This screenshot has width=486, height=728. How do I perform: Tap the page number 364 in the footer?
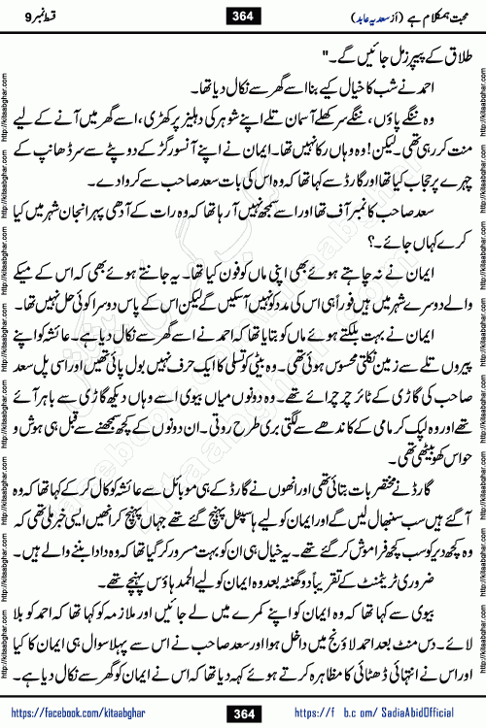pos(243,710)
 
